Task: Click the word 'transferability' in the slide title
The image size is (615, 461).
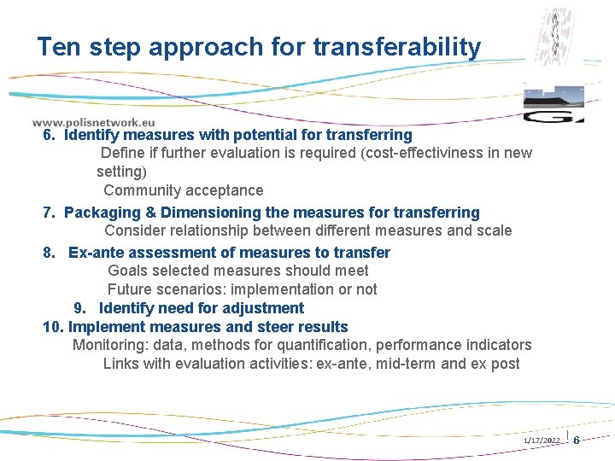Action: [x=397, y=47]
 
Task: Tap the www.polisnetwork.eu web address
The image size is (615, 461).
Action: [x=93, y=122]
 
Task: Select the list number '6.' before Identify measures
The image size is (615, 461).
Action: [x=50, y=135]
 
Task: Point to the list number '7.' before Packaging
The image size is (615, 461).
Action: [x=50, y=213]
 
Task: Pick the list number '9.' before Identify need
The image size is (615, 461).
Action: [x=82, y=308]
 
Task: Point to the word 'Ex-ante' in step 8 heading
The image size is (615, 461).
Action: [x=95, y=253]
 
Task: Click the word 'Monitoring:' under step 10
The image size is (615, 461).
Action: [x=111, y=345]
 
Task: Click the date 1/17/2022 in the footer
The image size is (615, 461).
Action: [x=541, y=440]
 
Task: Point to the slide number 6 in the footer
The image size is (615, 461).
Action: [x=576, y=440]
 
